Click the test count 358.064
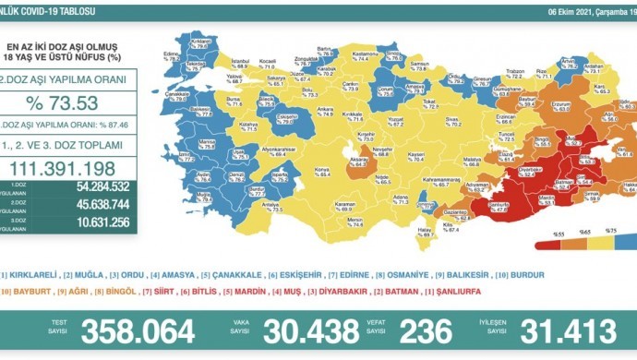click(x=138, y=331)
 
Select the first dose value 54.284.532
click(x=92, y=187)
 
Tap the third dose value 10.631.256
click(x=92, y=222)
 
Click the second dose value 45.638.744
click(x=92, y=204)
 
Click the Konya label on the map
click(x=322, y=170)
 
